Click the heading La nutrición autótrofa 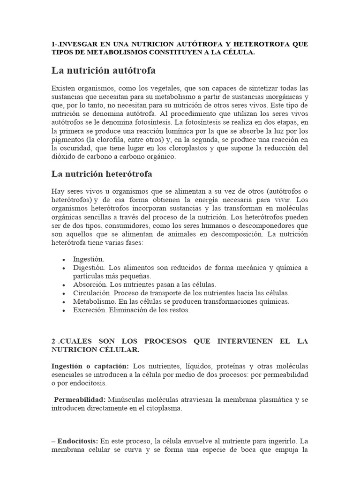coord(103,71)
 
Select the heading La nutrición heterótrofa coord(101,174)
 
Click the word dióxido coord(62,157)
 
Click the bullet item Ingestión coord(89,259)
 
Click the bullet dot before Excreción coord(63,311)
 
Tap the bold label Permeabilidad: coord(80,400)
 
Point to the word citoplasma coord(163,408)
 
